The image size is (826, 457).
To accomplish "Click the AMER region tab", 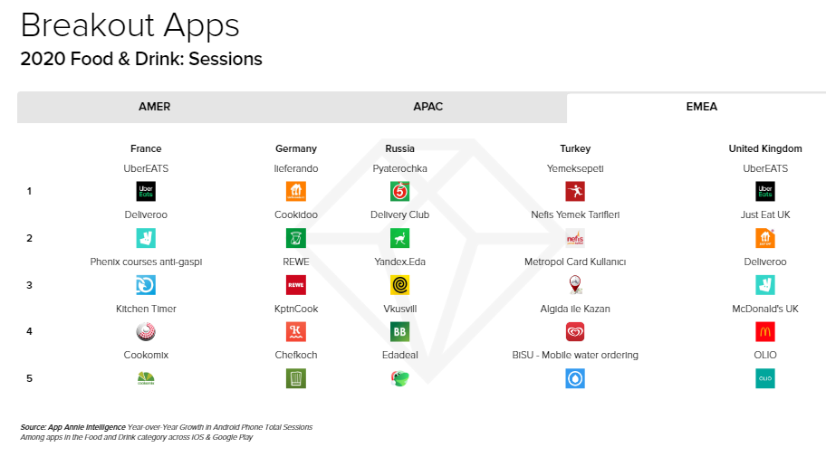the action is [x=154, y=107].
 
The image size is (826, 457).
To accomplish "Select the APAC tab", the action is [x=427, y=107].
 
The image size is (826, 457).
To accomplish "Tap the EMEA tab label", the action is [x=702, y=107].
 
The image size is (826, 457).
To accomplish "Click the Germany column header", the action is [x=296, y=149].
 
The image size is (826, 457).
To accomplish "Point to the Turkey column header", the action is [x=575, y=149].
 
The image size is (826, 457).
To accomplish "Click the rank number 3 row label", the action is [x=30, y=285].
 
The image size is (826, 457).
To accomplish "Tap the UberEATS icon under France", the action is [x=146, y=192].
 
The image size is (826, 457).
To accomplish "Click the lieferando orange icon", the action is [x=296, y=192].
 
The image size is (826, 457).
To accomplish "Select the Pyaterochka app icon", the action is [x=399, y=192].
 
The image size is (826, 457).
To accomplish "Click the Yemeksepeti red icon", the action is [x=575, y=192].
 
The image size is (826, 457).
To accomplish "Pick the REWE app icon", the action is [x=296, y=285].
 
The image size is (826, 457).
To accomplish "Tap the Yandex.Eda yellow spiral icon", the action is [x=399, y=285].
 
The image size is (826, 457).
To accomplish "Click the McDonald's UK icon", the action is [x=765, y=332].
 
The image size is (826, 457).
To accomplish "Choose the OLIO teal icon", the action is [x=765, y=378].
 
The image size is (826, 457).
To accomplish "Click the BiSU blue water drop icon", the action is [x=575, y=378].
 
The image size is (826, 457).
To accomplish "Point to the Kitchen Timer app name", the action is [x=146, y=309].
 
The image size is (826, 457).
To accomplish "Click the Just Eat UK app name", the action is [x=765, y=214].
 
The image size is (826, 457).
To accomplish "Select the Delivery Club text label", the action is [x=399, y=214].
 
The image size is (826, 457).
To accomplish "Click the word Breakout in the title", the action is [x=89, y=25].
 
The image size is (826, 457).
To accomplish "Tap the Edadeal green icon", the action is [x=399, y=378].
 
